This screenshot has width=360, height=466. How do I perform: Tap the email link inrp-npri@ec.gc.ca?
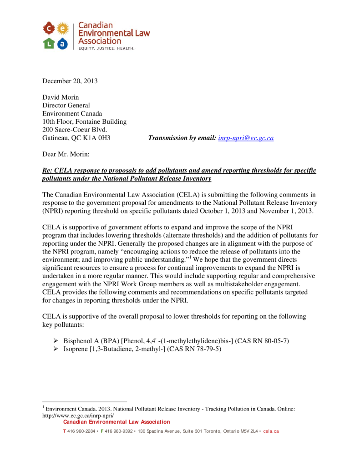pos(246,137)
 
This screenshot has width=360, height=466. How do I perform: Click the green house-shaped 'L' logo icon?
pos(49,44)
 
